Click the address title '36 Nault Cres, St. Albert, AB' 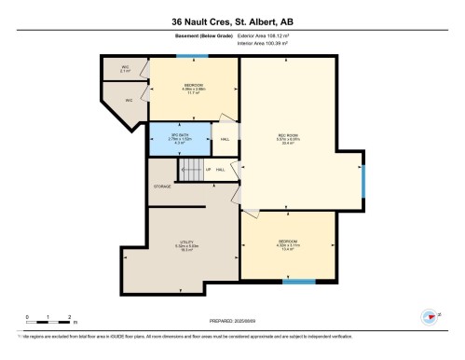[x=232, y=21]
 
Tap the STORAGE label [x=163, y=187]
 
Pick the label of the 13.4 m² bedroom [x=287, y=247]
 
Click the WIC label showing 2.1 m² [x=125, y=69]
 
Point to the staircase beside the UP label [x=190, y=168]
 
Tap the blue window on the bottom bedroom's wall [x=298, y=281]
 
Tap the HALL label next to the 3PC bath [x=225, y=140]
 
